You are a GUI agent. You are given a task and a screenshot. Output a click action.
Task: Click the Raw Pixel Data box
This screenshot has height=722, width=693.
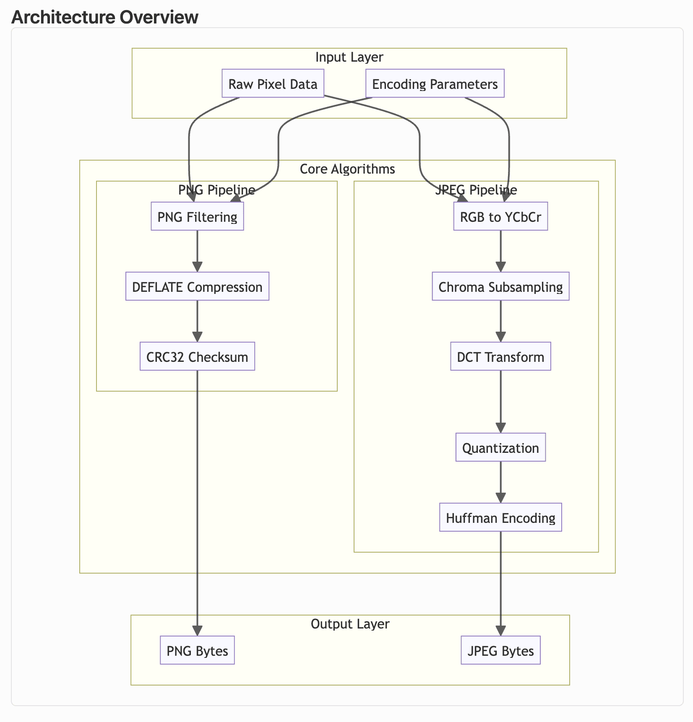tap(273, 83)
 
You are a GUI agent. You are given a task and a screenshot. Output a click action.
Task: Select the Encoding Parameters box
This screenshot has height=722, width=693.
tap(435, 83)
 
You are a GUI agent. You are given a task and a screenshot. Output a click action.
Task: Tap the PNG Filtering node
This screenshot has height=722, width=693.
tap(197, 216)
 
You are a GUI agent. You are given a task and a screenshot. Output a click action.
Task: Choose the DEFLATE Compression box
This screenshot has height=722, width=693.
tap(197, 286)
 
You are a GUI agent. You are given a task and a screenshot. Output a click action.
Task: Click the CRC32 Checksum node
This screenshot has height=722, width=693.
tap(197, 356)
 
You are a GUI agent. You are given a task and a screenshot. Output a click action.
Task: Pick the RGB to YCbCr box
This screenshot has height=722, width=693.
tap(500, 216)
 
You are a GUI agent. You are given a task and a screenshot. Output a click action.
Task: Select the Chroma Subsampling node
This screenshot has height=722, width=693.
tap(500, 286)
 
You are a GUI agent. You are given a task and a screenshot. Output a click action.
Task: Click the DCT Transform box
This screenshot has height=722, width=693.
tap(500, 356)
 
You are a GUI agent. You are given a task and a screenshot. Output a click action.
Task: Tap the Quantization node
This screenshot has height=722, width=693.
tap(500, 447)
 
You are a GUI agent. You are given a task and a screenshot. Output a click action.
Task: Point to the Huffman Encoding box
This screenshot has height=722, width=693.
tap(500, 517)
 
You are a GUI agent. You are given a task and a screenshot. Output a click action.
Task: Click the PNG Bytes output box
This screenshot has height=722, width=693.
tap(197, 650)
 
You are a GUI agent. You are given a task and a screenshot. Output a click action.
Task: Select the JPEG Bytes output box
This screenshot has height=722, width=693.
tap(500, 650)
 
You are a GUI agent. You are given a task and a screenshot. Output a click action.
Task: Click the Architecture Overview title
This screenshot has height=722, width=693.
tap(105, 17)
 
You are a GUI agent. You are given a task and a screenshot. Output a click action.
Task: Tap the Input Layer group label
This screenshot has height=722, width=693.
tap(349, 57)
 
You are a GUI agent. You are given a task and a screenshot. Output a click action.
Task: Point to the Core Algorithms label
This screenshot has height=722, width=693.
tap(347, 169)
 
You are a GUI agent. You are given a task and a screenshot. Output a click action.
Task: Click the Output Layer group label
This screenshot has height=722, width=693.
tap(350, 624)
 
